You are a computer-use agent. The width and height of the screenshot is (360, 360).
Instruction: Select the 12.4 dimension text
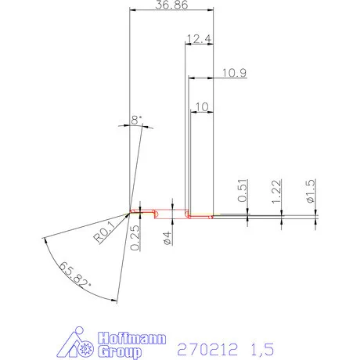pyautogui.click(x=199, y=38)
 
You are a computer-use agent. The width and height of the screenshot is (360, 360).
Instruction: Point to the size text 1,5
pyautogui.click(x=267, y=347)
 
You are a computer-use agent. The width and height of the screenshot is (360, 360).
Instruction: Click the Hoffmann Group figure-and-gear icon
pyautogui.click(x=77, y=344)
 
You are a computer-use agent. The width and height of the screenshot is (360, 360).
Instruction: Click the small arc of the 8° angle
pyautogui.click(x=139, y=128)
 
